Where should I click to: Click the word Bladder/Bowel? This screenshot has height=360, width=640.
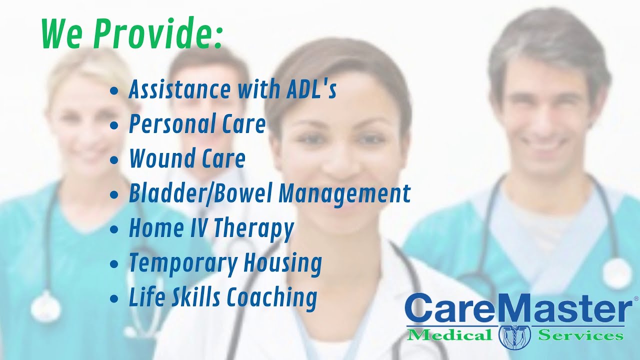[200, 193]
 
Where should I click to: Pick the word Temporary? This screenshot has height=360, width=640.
[182, 263]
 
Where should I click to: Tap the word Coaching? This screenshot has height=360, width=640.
[272, 298]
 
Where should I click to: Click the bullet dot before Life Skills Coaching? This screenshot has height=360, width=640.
[114, 299]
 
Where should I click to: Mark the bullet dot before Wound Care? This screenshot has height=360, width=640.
[114, 160]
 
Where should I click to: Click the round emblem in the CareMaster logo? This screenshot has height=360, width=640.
[514, 336]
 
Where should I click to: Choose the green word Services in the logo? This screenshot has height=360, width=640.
[580, 334]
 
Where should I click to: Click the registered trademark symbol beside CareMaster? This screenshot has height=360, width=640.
[635, 298]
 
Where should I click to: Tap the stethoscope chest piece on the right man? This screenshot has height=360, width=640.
[616, 272]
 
